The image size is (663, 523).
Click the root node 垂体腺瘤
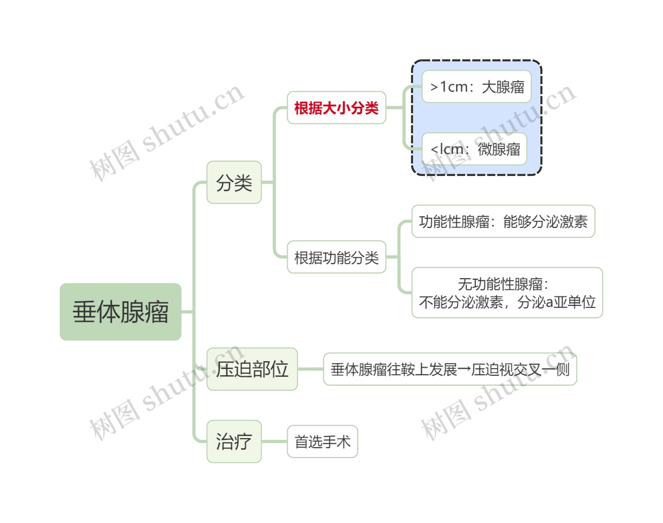point(120,312)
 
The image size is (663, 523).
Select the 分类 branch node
point(234,182)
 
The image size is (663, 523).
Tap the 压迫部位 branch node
point(252,369)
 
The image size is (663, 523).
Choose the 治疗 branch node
point(234,441)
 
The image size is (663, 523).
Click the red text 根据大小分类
point(336,108)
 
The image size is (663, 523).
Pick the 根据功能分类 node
point(336,257)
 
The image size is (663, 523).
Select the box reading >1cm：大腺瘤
point(476,87)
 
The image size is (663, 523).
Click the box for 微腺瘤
point(474,149)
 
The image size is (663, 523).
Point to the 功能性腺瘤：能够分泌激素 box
point(503,221)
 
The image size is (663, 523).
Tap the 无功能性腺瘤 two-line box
point(507,293)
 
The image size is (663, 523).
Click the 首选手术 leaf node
point(322,442)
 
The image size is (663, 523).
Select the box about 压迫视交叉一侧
point(450,369)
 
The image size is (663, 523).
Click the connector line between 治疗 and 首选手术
point(274,442)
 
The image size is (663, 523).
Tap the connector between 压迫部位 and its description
point(310,369)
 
